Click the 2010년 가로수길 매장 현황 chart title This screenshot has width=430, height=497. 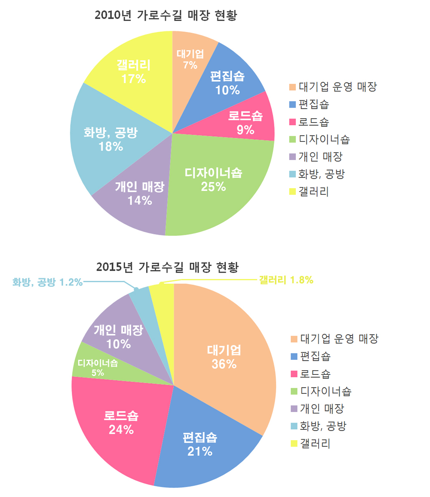click(x=166, y=16)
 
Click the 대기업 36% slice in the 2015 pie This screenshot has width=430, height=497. click(x=224, y=357)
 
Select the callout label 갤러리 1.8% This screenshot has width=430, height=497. click(x=286, y=280)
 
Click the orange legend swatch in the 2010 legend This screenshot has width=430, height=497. click(x=292, y=87)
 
